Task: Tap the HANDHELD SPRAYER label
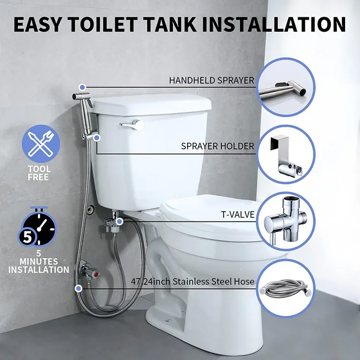[211, 81]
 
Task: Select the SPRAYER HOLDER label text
[217, 146]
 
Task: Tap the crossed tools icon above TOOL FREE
[41, 143]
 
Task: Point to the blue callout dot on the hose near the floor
[78, 288]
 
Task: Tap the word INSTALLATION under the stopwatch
[38, 270]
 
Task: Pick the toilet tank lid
[151, 102]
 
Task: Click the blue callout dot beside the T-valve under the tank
[120, 221]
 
